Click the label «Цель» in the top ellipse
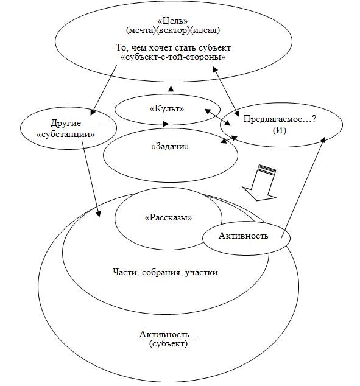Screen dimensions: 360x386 point(174,21)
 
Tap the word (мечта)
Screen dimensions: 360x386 point(141,30)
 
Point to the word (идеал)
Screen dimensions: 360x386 point(205,30)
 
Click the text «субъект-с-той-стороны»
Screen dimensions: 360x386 point(173,57)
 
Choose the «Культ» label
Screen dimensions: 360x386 point(167,108)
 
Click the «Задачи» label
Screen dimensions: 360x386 point(170,147)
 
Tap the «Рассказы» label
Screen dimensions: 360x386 point(169,217)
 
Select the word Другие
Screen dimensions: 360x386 point(66,123)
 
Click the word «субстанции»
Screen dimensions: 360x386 point(66,135)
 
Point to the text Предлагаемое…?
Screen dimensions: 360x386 point(280,119)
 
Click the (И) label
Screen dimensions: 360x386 point(280,130)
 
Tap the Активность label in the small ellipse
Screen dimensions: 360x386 point(243,236)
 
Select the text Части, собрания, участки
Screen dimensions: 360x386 point(165,272)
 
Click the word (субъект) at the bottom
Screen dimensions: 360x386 point(168,343)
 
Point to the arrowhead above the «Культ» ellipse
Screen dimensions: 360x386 point(171,89)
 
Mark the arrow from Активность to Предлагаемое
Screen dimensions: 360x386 point(303,188)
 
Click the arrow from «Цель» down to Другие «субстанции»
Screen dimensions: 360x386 point(104,90)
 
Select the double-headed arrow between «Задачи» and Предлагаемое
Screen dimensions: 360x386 point(229,139)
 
